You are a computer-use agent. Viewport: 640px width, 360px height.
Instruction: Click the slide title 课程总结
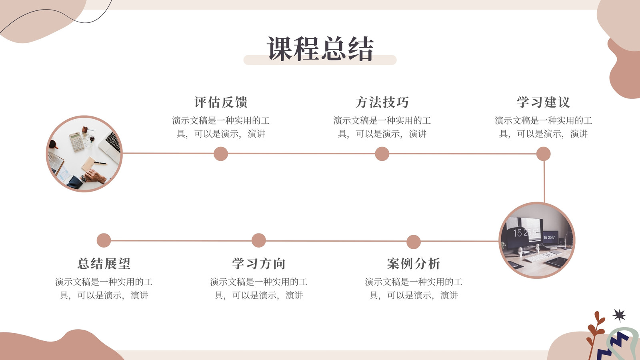click(320, 48)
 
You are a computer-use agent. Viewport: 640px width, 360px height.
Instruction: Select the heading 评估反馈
click(221, 102)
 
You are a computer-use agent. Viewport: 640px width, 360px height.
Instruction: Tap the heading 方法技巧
click(382, 102)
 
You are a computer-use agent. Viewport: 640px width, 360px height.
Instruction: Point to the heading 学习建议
click(544, 102)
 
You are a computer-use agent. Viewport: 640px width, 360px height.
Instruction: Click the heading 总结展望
click(104, 264)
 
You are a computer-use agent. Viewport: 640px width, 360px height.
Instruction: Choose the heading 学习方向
click(258, 264)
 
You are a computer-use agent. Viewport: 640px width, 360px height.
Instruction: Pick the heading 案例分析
click(414, 264)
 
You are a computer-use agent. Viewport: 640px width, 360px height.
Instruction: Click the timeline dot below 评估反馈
click(221, 154)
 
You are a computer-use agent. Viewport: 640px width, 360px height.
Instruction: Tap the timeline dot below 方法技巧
click(382, 154)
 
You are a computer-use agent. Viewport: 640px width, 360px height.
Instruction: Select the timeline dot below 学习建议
click(544, 154)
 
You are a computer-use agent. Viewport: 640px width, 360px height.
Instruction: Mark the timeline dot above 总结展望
click(104, 240)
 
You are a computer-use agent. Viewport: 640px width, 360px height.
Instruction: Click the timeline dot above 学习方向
click(258, 240)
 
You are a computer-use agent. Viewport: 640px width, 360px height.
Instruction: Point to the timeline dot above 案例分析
click(414, 242)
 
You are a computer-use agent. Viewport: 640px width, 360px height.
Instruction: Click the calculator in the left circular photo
click(77, 142)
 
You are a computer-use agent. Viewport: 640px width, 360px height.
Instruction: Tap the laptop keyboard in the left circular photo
click(114, 142)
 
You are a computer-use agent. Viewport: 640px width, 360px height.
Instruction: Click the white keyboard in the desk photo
click(540, 256)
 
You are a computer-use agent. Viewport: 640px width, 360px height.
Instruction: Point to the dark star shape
click(619, 316)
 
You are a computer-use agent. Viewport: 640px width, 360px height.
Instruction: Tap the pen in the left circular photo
click(100, 163)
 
